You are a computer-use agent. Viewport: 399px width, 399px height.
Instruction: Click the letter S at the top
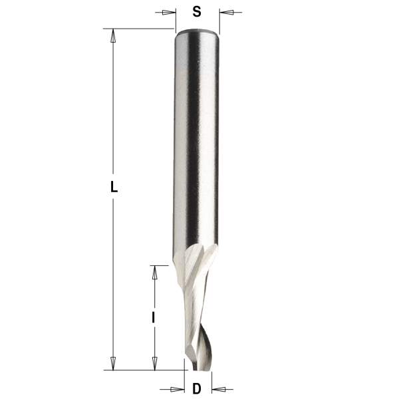[196, 11]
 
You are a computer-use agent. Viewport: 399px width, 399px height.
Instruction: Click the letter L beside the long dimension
[114, 188]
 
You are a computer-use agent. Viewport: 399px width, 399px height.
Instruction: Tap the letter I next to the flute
[154, 318]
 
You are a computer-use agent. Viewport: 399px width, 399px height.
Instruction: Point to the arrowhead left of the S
[171, 12]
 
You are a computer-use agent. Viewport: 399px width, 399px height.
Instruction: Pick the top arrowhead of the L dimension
[114, 35]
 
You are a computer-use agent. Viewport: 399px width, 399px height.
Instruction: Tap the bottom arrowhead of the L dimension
[114, 363]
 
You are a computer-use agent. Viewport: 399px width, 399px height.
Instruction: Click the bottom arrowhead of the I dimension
[154, 363]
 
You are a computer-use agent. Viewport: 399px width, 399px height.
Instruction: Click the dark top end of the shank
[197, 31]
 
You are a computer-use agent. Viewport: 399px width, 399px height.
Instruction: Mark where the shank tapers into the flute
[197, 253]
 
